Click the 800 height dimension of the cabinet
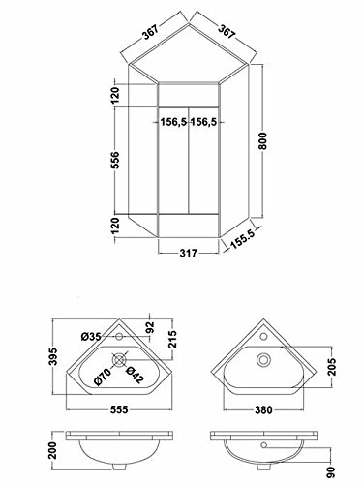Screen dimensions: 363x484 [x=263, y=140]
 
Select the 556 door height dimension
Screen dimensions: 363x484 [x=115, y=160]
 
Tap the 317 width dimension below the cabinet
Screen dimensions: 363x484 [x=188, y=253]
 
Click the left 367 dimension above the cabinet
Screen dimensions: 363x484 [x=151, y=32]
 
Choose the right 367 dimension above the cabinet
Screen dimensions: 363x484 [x=227, y=31]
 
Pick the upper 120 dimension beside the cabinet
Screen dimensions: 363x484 [x=115, y=96]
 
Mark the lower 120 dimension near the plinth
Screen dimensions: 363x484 [x=115, y=226]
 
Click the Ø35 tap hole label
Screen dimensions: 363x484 [x=91, y=337]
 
